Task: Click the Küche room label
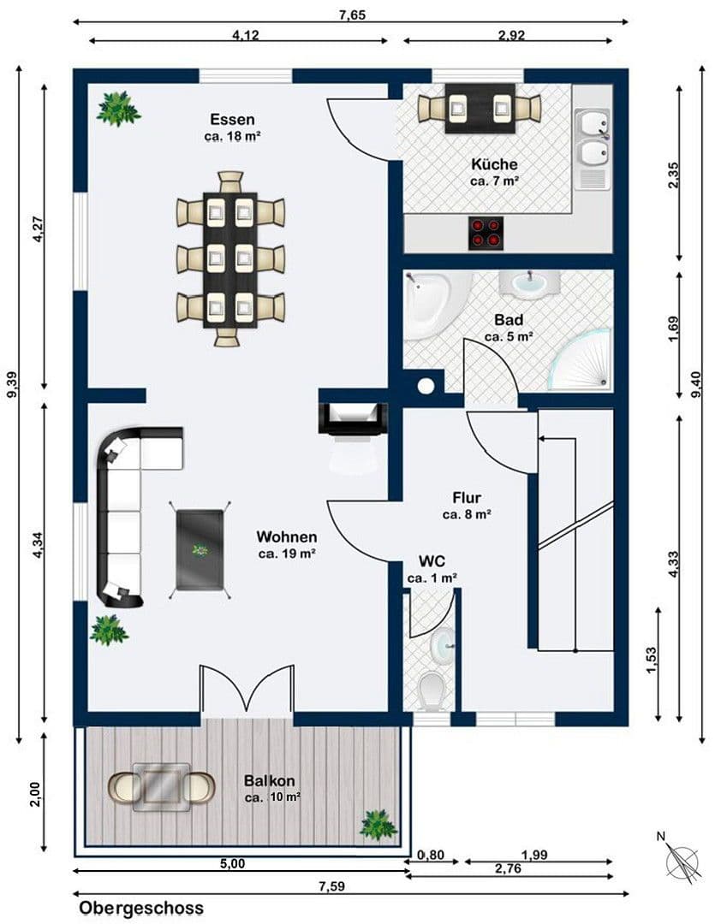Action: (494, 164)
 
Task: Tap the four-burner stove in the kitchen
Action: (485, 233)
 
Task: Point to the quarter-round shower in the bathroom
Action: (582, 359)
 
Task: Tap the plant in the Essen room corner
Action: (118, 109)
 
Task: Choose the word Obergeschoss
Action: (141, 908)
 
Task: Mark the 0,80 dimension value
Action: (430, 855)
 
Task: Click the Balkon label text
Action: (270, 780)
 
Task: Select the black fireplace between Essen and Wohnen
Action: (352, 415)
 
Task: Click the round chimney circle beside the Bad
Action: (426, 386)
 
